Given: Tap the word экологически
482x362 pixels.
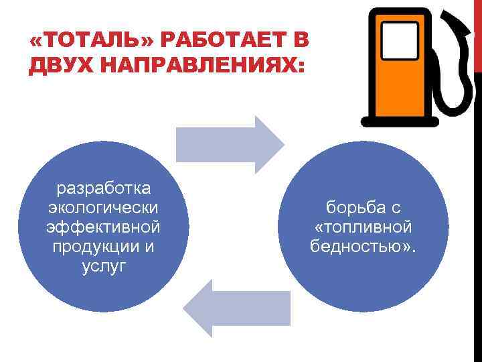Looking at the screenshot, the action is [104, 206].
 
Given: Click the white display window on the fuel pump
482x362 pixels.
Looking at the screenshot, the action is [400, 41].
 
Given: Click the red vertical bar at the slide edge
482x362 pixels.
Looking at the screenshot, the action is [478, 34].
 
